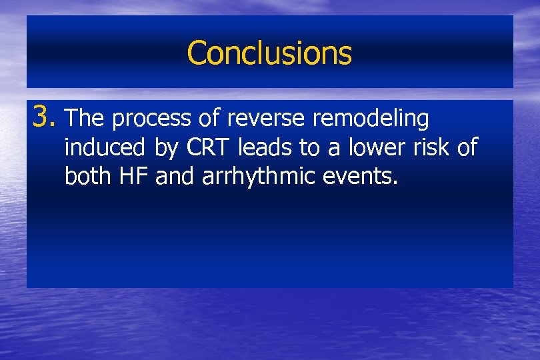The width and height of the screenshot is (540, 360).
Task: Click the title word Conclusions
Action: pos(269,53)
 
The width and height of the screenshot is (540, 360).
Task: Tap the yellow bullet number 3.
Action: pos(43,119)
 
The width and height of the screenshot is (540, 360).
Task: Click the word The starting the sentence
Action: pos(87,119)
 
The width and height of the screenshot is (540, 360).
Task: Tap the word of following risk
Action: pos(468,147)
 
